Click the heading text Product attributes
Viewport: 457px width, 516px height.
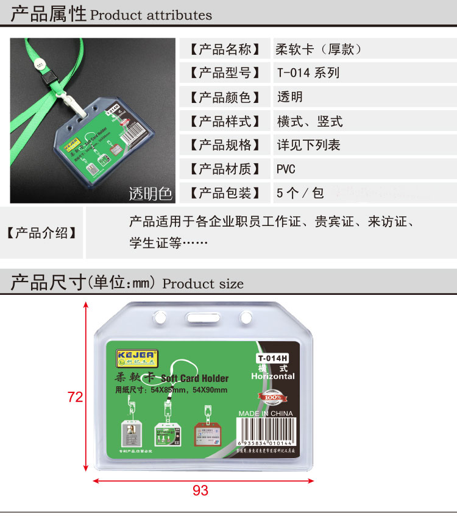(x=151, y=15)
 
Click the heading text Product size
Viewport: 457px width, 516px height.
(x=203, y=284)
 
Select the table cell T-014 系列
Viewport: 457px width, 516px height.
(x=308, y=73)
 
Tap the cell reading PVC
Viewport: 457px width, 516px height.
(x=286, y=169)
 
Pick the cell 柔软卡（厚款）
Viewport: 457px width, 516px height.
(x=319, y=49)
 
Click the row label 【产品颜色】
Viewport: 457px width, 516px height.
(x=225, y=97)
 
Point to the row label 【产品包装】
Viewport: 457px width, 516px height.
(x=225, y=193)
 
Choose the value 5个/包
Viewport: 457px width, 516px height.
(x=300, y=193)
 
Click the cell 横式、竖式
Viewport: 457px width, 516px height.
(x=310, y=121)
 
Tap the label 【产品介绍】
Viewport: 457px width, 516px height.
(x=42, y=232)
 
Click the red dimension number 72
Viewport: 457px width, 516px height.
(x=75, y=397)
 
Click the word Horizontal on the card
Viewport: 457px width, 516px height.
(x=272, y=376)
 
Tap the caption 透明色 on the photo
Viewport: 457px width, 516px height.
(x=151, y=194)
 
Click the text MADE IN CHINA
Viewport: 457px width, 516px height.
(x=266, y=414)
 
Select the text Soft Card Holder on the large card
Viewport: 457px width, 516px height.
(x=194, y=378)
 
